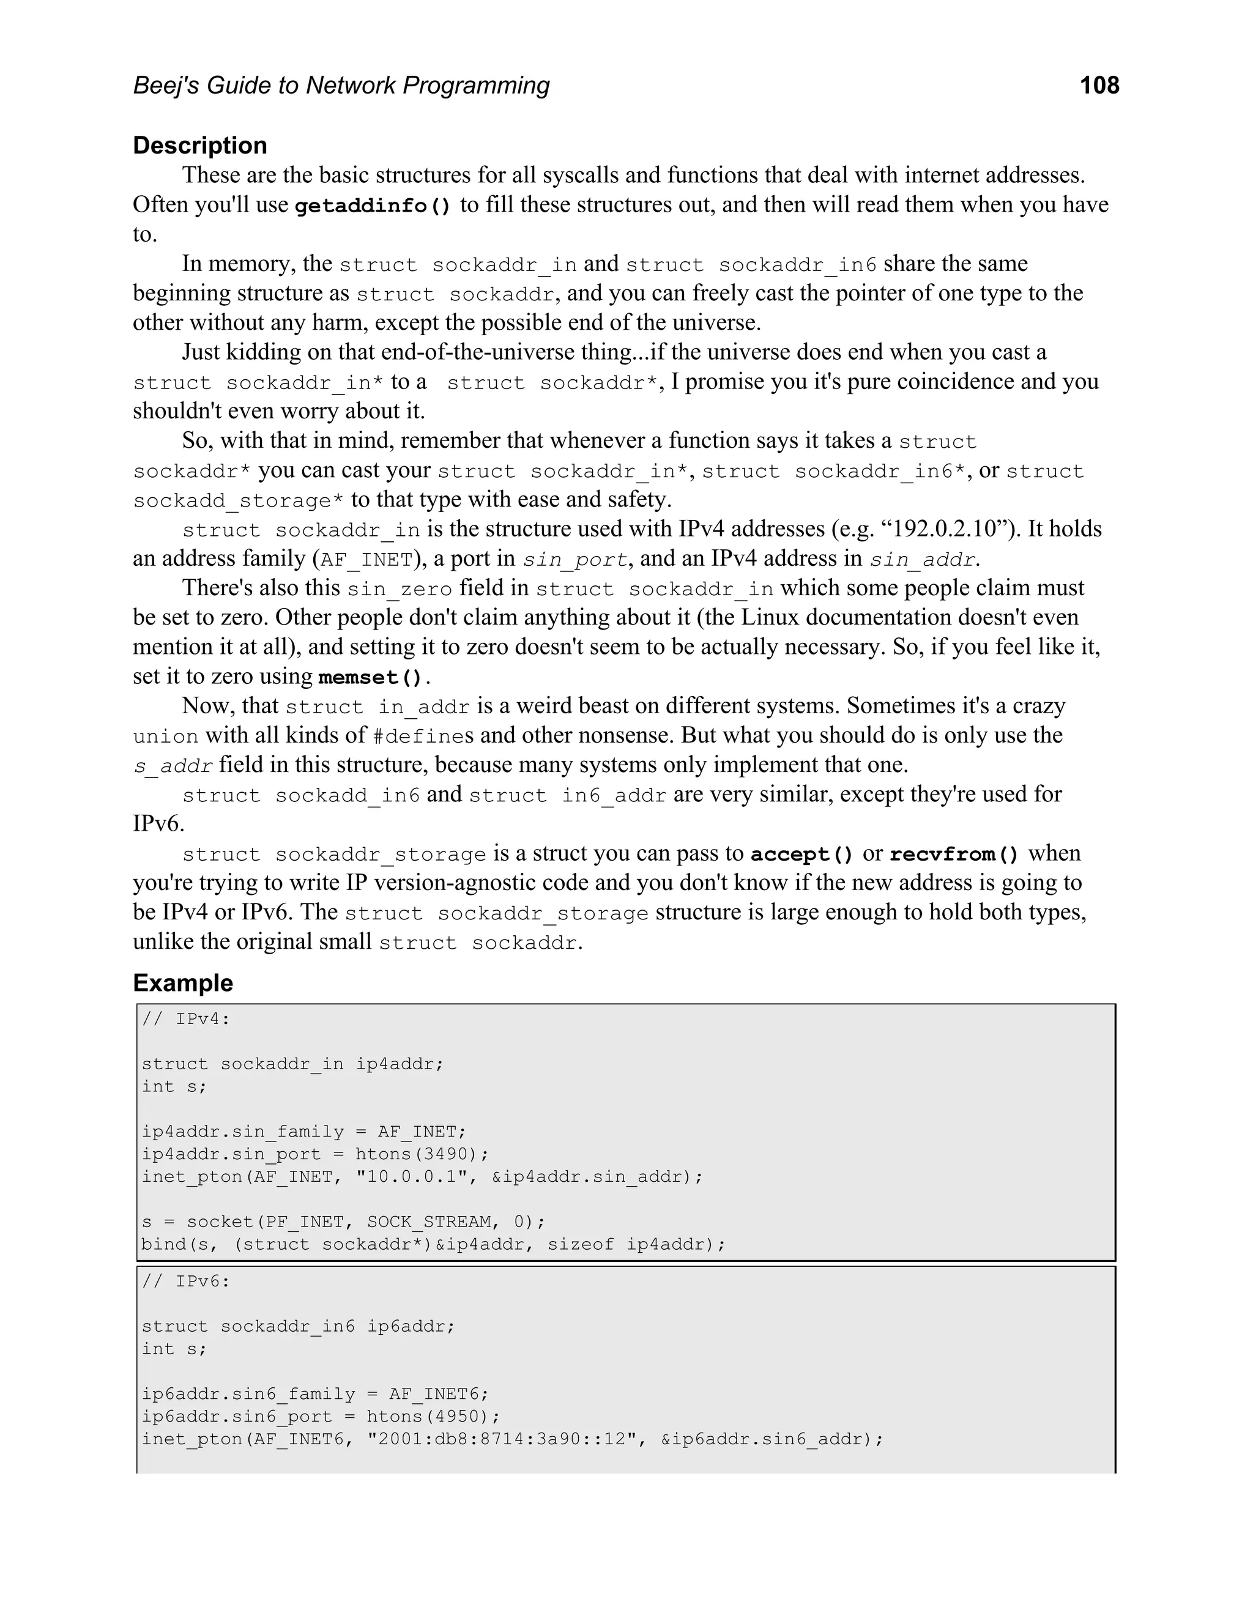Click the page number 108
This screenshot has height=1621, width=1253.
click(1099, 86)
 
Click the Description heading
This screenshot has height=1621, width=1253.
click(199, 146)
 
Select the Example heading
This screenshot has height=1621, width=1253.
click(182, 983)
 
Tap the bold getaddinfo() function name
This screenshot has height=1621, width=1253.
click(373, 206)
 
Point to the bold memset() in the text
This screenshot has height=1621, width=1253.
click(371, 678)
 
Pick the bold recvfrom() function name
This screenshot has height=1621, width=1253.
click(954, 855)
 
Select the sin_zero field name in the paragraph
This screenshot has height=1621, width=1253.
click(400, 589)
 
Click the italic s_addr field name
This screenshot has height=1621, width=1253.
click(173, 766)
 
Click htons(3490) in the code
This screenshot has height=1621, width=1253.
click(422, 1154)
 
